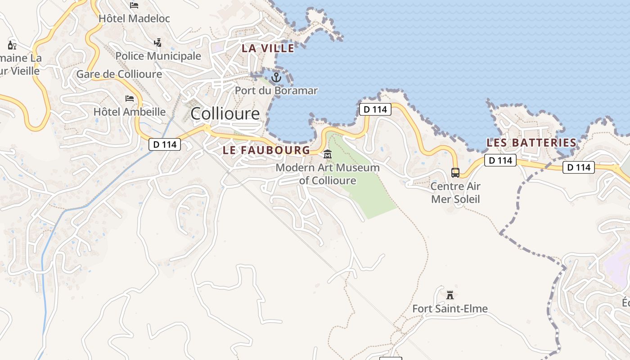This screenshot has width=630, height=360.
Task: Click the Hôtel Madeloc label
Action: tap(134, 18)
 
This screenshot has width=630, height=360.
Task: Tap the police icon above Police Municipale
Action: tap(157, 43)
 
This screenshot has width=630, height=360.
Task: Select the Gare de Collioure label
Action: tap(119, 74)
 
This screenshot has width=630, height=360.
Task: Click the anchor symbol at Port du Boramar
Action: tap(276, 77)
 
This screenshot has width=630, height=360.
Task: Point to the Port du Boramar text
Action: tap(276, 90)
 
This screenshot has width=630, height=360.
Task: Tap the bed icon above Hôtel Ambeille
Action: tap(130, 99)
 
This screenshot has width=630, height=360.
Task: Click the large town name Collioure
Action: tap(225, 113)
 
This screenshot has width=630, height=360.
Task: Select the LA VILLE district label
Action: tap(268, 48)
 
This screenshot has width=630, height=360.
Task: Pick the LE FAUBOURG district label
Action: tap(266, 150)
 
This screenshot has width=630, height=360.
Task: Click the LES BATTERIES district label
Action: tap(531, 143)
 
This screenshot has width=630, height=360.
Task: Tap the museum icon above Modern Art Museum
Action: tap(328, 155)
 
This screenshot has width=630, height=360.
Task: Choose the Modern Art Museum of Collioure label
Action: tap(328, 174)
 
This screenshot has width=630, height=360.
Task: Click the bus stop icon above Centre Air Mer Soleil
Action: tap(455, 173)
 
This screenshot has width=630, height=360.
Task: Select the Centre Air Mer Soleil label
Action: tap(455, 193)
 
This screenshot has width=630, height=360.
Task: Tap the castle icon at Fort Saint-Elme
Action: tap(450, 295)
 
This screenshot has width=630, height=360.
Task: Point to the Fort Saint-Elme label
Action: tap(450, 309)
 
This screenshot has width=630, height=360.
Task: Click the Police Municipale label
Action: tap(158, 56)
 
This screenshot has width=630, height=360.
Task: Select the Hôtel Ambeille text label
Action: tap(130, 112)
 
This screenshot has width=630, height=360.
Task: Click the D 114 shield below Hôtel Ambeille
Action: tap(165, 144)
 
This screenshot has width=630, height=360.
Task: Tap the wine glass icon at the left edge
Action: tap(12, 45)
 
